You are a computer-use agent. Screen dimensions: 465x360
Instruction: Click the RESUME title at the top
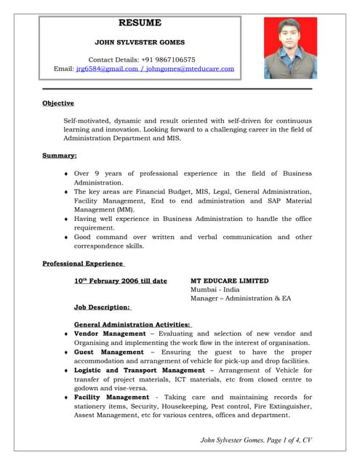[140, 23]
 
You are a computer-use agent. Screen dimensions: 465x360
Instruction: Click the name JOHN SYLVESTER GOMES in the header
[140, 43]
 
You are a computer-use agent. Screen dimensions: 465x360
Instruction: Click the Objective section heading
[57, 103]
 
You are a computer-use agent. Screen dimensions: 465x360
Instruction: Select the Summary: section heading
[60, 155]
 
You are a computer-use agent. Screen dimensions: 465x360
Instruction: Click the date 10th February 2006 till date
[120, 280]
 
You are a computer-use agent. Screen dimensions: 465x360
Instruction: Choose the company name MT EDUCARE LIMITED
[229, 280]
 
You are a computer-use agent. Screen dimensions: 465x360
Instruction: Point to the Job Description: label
[101, 307]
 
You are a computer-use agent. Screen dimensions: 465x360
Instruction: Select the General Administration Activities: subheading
[132, 324]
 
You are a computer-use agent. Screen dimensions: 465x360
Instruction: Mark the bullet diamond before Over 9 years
[67, 174]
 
